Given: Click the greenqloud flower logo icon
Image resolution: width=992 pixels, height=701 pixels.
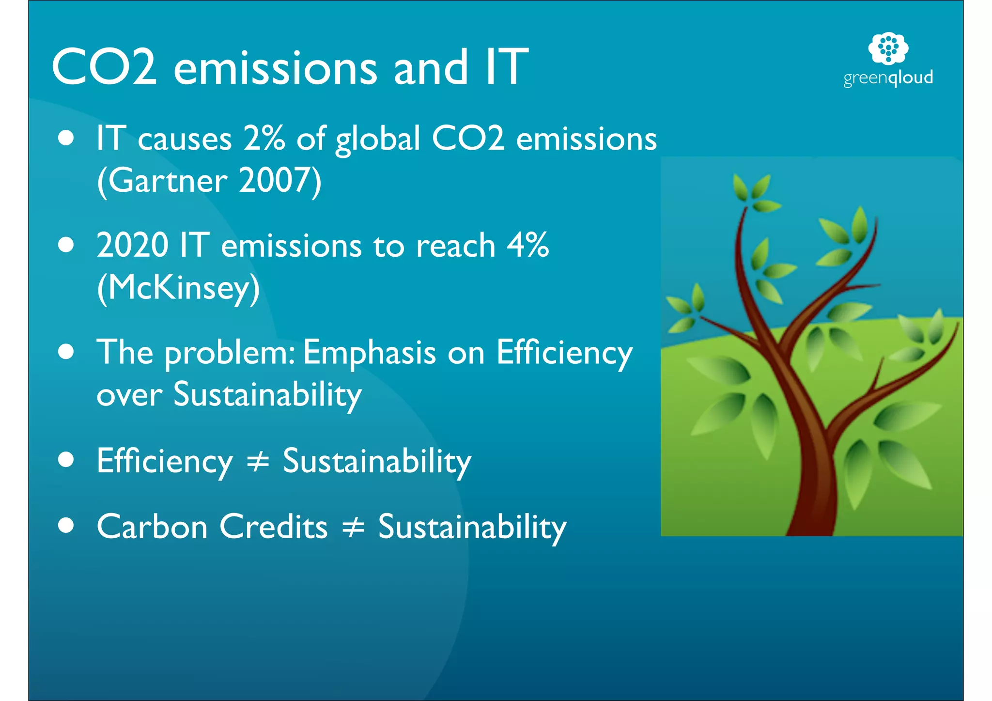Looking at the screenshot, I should pos(888,48).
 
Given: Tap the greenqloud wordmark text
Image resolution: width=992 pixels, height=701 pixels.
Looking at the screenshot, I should pos(888,78).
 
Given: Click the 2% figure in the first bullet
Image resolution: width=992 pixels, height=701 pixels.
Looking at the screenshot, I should pos(264,139).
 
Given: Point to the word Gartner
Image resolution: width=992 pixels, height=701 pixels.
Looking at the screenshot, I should pos(167,181).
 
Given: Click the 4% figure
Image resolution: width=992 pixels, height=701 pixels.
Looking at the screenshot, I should pos(527,245).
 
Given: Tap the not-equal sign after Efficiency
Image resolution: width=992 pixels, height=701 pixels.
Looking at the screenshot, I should pos(258,461).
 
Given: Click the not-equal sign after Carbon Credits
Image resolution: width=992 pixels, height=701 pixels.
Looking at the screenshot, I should pos(353,527).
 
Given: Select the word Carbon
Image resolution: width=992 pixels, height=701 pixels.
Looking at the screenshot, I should pos(152,527).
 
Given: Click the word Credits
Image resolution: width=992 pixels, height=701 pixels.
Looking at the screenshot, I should pos(274,527).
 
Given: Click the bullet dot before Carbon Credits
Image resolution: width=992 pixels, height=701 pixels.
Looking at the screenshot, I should pos(66,525).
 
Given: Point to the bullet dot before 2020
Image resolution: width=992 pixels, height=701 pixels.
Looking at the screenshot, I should pos(66,245).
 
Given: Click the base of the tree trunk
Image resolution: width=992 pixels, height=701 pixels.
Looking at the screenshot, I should pos(810,526).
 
